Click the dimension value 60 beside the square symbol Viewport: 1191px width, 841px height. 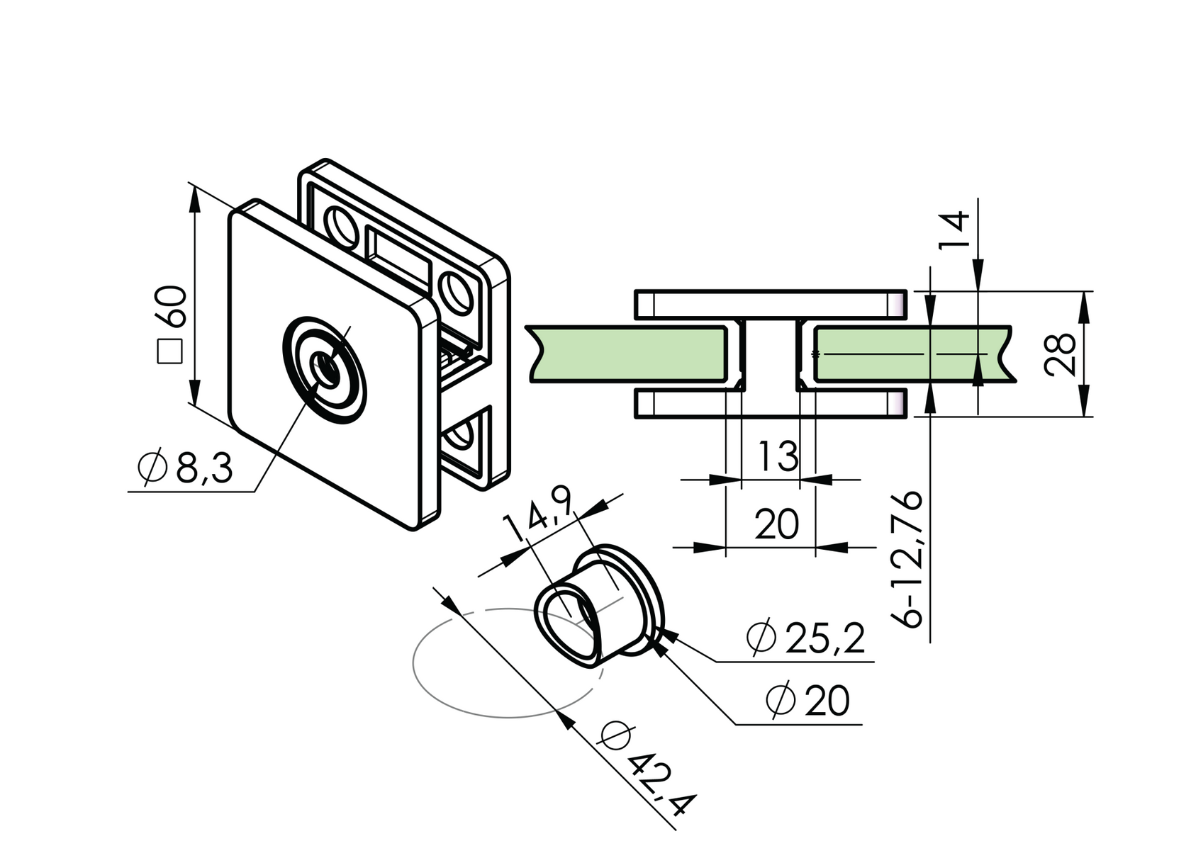172,306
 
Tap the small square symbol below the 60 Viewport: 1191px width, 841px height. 170,351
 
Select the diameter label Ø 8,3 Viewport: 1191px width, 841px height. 186,468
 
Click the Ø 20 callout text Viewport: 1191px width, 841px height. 808,701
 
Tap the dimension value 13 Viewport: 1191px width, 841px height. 778,456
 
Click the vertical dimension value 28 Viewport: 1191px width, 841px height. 1060,354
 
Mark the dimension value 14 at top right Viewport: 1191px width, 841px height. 953,230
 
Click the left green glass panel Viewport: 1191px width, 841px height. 631,354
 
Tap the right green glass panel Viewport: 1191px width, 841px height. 907,354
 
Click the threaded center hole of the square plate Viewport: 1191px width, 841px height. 325,369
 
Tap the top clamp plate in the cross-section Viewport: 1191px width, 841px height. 769,304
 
